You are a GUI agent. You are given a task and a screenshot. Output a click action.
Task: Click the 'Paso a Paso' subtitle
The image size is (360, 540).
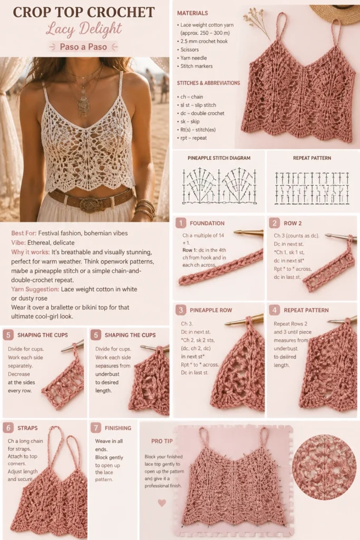pyautogui.click(x=83, y=46)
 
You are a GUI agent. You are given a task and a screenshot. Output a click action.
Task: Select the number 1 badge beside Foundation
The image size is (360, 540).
pyautogui.click(x=181, y=223)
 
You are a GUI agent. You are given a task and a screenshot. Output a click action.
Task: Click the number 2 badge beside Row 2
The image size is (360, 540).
pyautogui.click(x=274, y=223)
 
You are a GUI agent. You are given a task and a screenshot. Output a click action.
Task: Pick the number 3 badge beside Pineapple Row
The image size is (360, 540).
pyautogui.click(x=181, y=310)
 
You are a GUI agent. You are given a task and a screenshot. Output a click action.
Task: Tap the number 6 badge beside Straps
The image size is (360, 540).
pyautogui.click(x=8, y=428)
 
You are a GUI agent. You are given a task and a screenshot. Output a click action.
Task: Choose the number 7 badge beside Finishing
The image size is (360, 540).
pyautogui.click(x=96, y=428)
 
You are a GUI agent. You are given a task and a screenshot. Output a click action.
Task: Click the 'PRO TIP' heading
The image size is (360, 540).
pyautogui.click(x=162, y=441)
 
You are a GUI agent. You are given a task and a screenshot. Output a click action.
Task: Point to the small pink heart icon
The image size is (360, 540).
pyautogui.click(x=162, y=503)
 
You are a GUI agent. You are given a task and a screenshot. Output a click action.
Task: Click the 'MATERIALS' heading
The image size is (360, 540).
pyautogui.click(x=192, y=13)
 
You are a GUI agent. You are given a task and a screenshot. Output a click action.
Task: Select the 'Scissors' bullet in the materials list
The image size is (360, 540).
pyautogui.click(x=189, y=50)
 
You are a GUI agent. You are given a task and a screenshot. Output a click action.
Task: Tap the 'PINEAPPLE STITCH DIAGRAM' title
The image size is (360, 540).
pyautogui.click(x=219, y=158)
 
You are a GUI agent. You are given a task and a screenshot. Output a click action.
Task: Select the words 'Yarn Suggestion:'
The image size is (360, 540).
pyautogui.click(x=35, y=290)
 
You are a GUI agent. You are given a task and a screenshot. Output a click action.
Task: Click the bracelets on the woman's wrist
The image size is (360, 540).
pyautogui.click(x=145, y=209)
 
